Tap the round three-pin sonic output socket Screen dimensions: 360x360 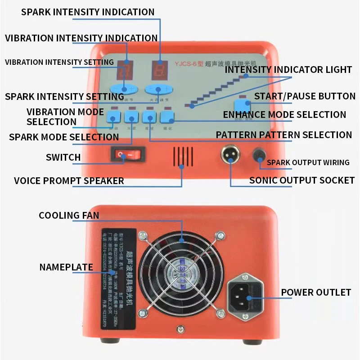[x=230, y=156]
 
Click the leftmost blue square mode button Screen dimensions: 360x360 [x=113, y=118]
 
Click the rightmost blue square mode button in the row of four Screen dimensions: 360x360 [x=167, y=118]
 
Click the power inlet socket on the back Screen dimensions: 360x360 [x=247, y=295]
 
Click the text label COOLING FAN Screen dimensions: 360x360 [x=69, y=215]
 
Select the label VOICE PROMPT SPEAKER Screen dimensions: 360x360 [x=69, y=181]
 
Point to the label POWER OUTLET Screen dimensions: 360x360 [x=316, y=292]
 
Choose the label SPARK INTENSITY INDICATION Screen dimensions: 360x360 [x=88, y=12]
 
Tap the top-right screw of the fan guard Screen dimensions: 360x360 [x=220, y=234]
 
